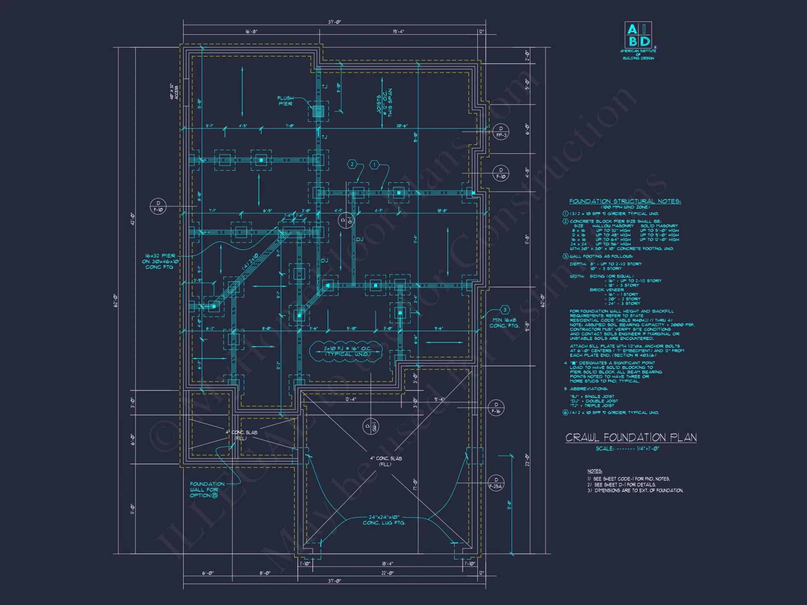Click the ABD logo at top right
point(638,35)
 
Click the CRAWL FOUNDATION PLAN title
point(631,438)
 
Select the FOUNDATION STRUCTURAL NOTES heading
point(625,201)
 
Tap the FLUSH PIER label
point(285,101)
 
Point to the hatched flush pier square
point(318,111)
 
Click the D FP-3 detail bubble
point(501,132)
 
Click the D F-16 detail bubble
point(496,408)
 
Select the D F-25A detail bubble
point(496,483)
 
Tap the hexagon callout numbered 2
point(352,164)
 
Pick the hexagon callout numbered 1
point(374,164)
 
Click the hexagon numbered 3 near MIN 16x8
point(505,310)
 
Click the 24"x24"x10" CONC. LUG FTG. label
point(384,520)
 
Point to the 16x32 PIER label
point(160,261)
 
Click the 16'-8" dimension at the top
point(251,31)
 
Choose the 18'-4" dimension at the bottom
point(387,563)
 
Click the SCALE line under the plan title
point(627,449)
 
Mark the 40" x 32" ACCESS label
point(174,92)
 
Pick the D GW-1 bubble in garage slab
point(370,426)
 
